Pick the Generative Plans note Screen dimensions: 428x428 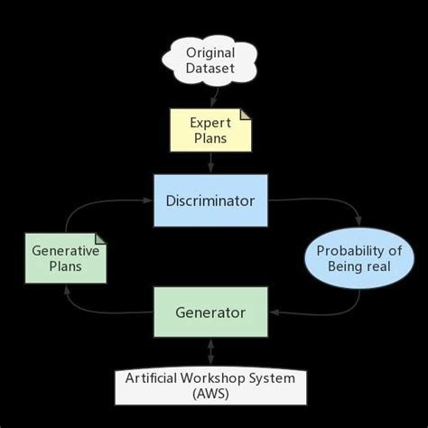pyautogui.click(x=65, y=257)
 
